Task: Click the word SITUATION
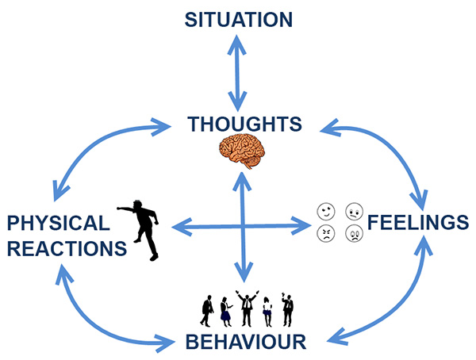[238, 18]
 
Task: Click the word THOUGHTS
[244, 124]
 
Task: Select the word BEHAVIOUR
[245, 342]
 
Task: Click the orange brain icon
[243, 151]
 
